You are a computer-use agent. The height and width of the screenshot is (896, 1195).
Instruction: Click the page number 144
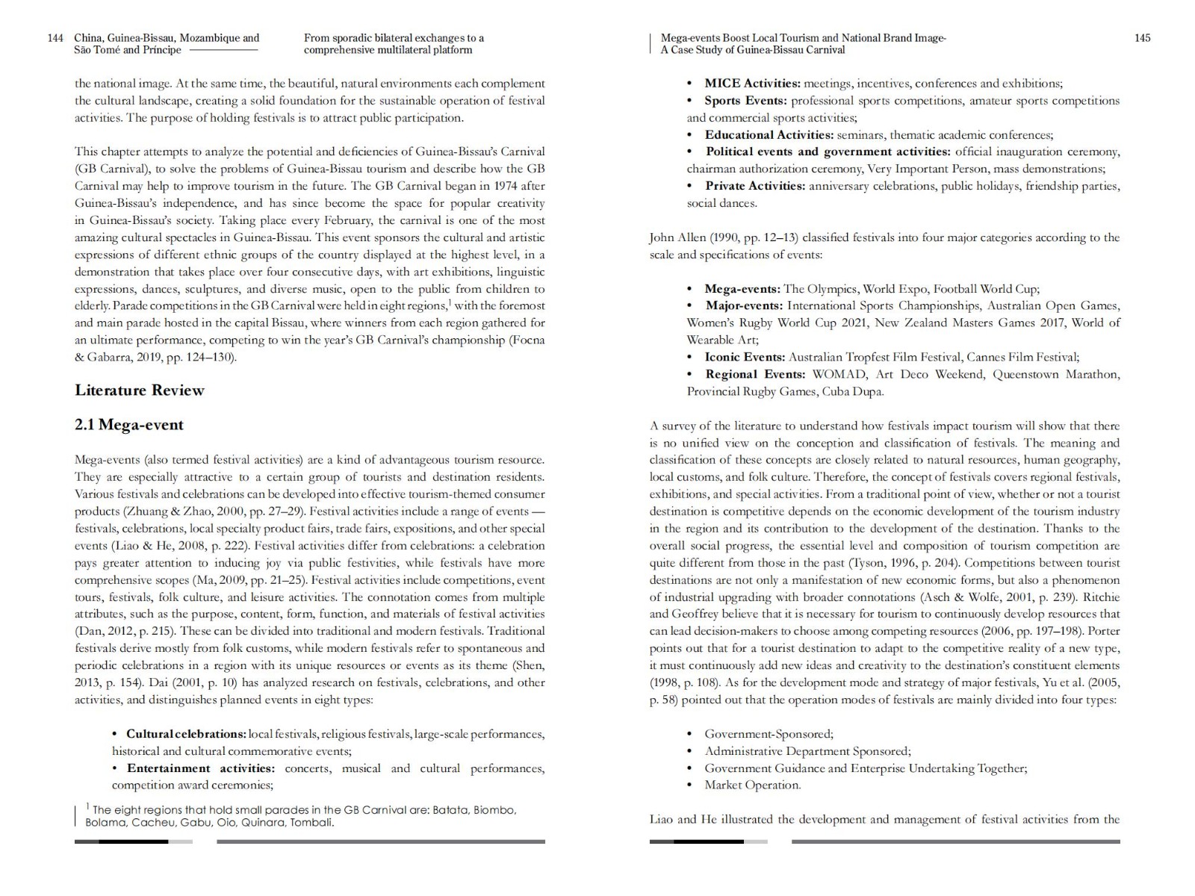(x=55, y=38)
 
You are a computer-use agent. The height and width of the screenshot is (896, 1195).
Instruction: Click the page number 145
(x=1142, y=38)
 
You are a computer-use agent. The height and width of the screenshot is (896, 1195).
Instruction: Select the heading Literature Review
(x=139, y=390)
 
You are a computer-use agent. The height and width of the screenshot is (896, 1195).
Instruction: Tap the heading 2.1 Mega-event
(x=128, y=425)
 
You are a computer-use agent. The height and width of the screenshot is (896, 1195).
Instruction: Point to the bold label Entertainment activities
(x=200, y=768)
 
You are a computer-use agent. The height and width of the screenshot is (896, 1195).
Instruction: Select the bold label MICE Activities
(x=752, y=84)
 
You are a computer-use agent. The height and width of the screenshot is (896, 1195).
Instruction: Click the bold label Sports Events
(x=745, y=101)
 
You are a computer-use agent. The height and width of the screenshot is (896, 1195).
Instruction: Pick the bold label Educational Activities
(x=769, y=135)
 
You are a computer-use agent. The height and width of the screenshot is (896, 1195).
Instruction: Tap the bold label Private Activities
(x=754, y=186)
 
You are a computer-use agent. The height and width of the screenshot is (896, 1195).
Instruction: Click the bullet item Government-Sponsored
(x=769, y=734)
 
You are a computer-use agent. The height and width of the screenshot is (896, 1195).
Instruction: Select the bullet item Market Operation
(x=752, y=785)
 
